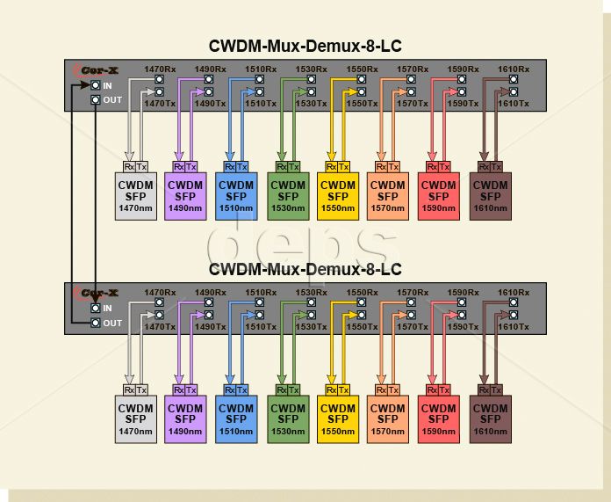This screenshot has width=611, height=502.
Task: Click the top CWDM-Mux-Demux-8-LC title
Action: click(305, 46)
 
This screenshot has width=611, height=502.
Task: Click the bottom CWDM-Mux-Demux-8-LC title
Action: click(305, 269)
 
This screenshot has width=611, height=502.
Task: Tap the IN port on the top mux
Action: click(96, 85)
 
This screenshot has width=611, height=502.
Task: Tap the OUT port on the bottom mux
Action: click(96, 323)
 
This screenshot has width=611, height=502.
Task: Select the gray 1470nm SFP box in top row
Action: click(136, 196)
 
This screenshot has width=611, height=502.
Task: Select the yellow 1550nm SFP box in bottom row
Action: click(338, 419)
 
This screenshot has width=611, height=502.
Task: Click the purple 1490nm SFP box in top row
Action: click(185, 196)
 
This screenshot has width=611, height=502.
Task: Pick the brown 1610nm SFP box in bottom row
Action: click(491, 419)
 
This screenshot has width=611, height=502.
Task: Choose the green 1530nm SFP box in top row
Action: click(287, 196)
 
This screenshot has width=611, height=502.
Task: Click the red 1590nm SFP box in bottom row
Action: click(440, 419)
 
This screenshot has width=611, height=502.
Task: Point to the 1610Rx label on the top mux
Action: click(514, 69)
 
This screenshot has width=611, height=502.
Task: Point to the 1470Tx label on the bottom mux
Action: click(160, 327)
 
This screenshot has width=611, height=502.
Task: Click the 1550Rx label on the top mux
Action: click(362, 69)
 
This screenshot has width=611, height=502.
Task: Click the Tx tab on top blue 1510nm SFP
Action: click(242, 166)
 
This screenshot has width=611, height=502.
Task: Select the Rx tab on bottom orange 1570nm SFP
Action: click(381, 389)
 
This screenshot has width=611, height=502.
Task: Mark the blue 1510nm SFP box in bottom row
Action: click(236, 419)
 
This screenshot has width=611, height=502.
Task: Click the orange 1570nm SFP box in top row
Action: click(388, 196)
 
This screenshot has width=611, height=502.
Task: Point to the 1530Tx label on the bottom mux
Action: click(312, 327)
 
